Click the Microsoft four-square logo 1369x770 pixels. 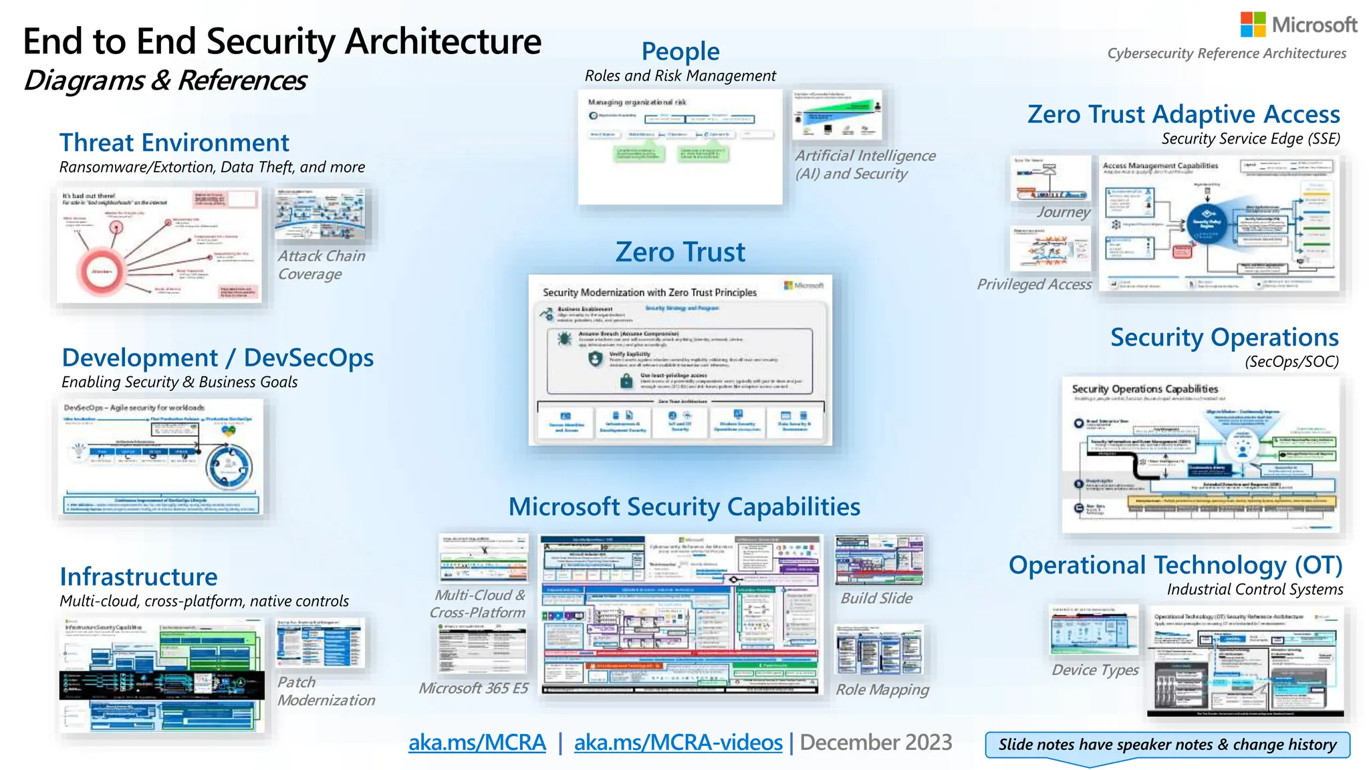pyautogui.click(x=1253, y=25)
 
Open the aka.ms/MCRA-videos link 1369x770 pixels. pyautogui.click(x=678, y=743)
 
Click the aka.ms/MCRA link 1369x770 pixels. pyautogui.click(x=477, y=743)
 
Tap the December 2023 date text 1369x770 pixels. pyautogui.click(x=876, y=743)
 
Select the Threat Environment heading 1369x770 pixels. pyautogui.click(x=174, y=143)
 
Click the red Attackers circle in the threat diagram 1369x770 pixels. pyautogui.click(x=102, y=271)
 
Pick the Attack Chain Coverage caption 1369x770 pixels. pyautogui.click(x=322, y=265)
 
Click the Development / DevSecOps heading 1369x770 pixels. pyautogui.click(x=217, y=358)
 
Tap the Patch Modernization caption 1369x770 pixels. pyautogui.click(x=326, y=691)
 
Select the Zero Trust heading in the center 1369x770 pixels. pyautogui.click(x=680, y=252)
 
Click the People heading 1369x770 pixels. pyautogui.click(x=680, y=51)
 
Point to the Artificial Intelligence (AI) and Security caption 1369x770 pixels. pyautogui.click(x=864, y=164)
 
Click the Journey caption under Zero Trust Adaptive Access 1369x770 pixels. pyautogui.click(x=1063, y=213)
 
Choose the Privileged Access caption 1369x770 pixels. pyautogui.click(x=1033, y=285)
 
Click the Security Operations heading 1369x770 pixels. pyautogui.click(x=1224, y=338)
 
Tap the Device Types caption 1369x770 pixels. pyautogui.click(x=1095, y=670)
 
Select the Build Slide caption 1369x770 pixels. pyautogui.click(x=876, y=598)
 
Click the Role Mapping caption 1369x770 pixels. pyautogui.click(x=882, y=690)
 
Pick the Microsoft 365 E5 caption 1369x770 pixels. pyautogui.click(x=473, y=688)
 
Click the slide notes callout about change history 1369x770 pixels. pyautogui.click(x=1167, y=745)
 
